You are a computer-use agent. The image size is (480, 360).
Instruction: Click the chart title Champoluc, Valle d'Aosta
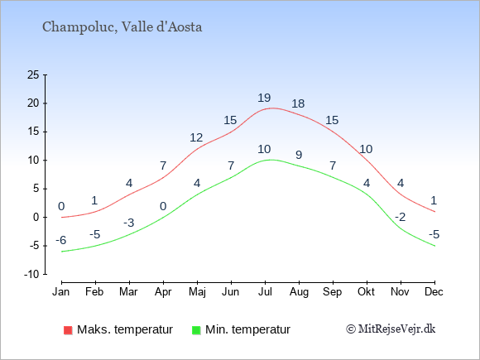tap(122, 27)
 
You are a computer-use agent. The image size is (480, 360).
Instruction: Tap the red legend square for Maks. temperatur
tap(68, 330)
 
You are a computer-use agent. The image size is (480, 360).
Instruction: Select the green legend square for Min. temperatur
tap(196, 330)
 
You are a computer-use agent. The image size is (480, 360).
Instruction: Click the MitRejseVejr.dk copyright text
tap(391, 329)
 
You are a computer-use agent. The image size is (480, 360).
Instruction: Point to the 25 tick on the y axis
tap(33, 74)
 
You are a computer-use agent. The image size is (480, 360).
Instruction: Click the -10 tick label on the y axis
tap(31, 274)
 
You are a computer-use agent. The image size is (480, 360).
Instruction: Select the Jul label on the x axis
tap(265, 292)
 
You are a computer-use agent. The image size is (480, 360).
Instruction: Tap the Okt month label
tap(366, 292)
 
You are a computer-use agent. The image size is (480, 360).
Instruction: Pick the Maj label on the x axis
tap(197, 292)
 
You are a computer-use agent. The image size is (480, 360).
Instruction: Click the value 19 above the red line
tap(264, 98)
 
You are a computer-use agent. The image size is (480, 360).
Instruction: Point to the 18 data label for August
tap(298, 103)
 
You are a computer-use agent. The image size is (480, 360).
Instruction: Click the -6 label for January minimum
tap(61, 240)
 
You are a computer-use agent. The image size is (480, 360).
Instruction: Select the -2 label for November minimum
tap(400, 217)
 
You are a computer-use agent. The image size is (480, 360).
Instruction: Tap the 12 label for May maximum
tap(196, 137)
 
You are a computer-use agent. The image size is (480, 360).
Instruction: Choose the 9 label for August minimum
tap(299, 155)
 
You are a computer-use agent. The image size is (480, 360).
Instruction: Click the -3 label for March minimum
tap(129, 223)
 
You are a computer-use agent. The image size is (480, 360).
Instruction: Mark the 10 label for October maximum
tap(366, 149)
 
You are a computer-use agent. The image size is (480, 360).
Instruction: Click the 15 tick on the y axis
tap(33, 132)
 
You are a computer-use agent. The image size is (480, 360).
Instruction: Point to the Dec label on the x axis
tap(434, 292)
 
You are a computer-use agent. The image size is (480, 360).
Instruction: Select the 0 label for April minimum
tap(163, 206)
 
